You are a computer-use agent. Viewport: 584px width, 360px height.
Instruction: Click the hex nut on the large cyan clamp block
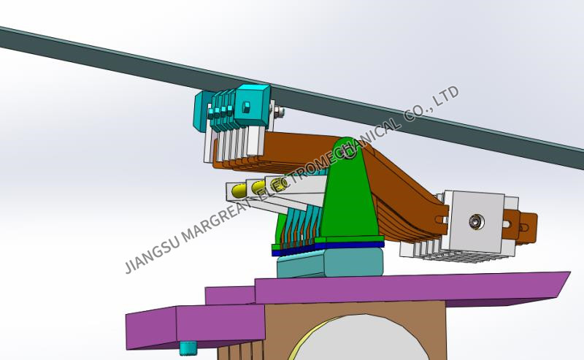click(246, 107)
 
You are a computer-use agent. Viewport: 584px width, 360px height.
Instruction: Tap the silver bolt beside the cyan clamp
click(279, 112)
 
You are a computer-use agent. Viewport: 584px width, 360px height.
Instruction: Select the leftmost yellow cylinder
click(239, 191)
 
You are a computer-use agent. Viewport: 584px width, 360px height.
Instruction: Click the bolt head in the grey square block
click(476, 221)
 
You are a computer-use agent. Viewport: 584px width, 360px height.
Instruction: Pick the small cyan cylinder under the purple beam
click(188, 348)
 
